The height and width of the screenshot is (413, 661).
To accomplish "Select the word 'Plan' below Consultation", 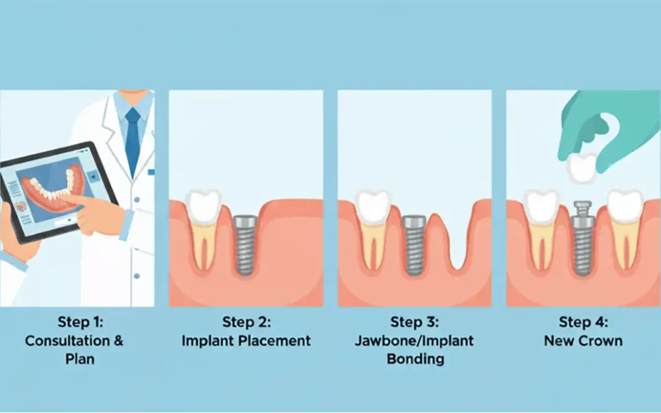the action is coord(80,358).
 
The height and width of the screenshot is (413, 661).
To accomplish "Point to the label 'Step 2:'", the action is coord(246,322).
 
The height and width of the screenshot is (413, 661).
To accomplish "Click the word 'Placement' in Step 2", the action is coord(275,340).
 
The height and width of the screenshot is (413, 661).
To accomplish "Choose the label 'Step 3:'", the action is coord(415,322).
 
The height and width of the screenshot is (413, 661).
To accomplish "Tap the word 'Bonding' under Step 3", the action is coord(415,358).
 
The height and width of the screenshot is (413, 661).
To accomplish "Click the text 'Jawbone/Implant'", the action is coord(415,340).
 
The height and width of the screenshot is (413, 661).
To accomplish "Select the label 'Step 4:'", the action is coord(583,322).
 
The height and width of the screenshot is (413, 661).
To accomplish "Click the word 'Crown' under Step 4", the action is coord(602,340).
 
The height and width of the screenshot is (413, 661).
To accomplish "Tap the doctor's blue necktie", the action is coord(132,138).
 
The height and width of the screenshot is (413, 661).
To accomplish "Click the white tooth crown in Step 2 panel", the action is coord(204,206).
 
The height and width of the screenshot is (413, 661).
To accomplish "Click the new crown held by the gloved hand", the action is coord(582,165).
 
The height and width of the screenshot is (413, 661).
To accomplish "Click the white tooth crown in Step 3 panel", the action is coord(373,206).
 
